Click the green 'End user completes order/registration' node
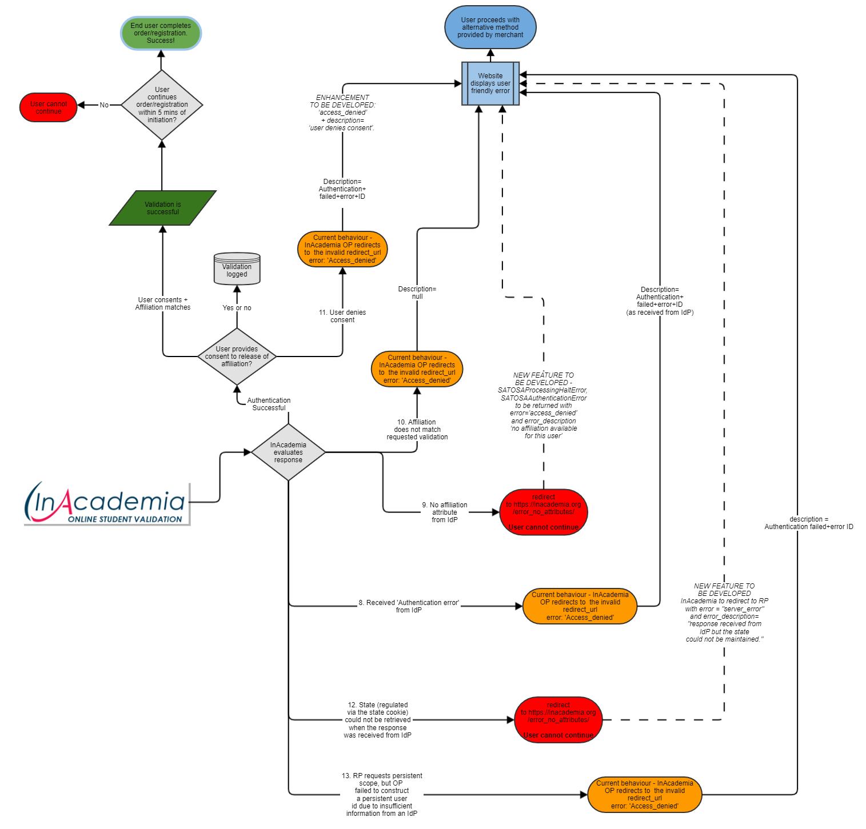[161, 33]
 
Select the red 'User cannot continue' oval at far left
[49, 107]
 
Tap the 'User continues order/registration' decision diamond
[162, 105]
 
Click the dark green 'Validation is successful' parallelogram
[163, 208]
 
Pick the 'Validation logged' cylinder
[237, 269]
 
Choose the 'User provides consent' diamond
[237, 357]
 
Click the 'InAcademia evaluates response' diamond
[288, 452]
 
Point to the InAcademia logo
[107, 503]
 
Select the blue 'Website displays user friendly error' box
[490, 83]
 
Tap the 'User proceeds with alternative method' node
[490, 27]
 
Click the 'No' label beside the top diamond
[104, 105]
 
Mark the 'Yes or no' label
[237, 308]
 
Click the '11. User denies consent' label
[342, 316]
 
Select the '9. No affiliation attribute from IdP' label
[445, 512]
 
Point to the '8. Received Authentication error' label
[409, 606]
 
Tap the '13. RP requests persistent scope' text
[382, 795]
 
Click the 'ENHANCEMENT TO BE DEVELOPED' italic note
[342, 113]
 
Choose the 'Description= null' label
[417, 293]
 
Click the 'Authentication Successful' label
[269, 404]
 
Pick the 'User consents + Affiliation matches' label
[163, 303]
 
